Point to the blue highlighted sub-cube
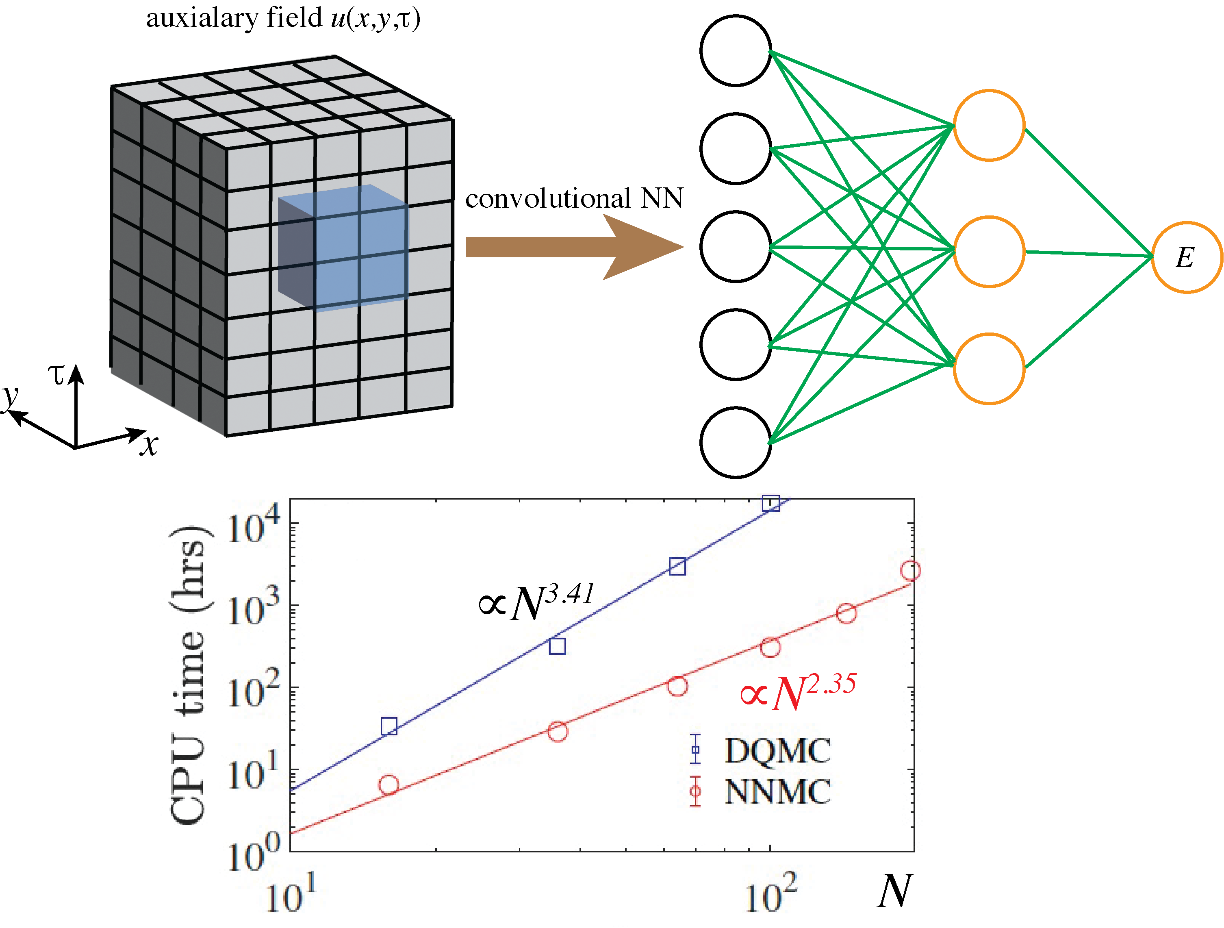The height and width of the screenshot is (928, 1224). pos(343,248)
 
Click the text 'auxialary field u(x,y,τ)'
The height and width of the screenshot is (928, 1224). pos(283,18)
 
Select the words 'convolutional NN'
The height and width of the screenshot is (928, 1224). pos(574,198)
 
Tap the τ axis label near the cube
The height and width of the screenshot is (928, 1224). pos(56,375)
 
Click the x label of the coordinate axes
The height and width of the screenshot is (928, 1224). pos(149,444)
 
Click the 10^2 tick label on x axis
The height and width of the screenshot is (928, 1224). pos(771,893)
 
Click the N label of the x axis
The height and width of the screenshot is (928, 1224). pos(894,891)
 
